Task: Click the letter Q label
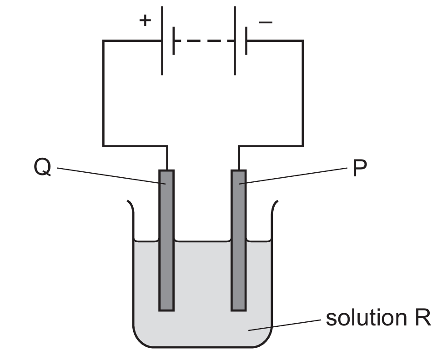tap(42, 167)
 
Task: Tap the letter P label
tap(360, 168)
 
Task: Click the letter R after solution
tap(423, 318)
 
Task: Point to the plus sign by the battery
tap(145, 20)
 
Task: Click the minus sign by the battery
tap(266, 22)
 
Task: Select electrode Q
tap(166, 240)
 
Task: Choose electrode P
tap(239, 240)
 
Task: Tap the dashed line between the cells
tap(204, 40)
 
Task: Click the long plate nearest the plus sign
tap(162, 40)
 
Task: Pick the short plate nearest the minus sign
tap(246, 40)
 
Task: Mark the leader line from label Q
tap(111, 176)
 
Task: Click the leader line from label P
tap(293, 176)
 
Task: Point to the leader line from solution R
tap(285, 325)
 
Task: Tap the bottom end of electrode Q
tap(166, 310)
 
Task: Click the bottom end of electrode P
tap(239, 310)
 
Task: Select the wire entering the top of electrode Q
tap(167, 158)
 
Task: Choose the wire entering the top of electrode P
tap(239, 158)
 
